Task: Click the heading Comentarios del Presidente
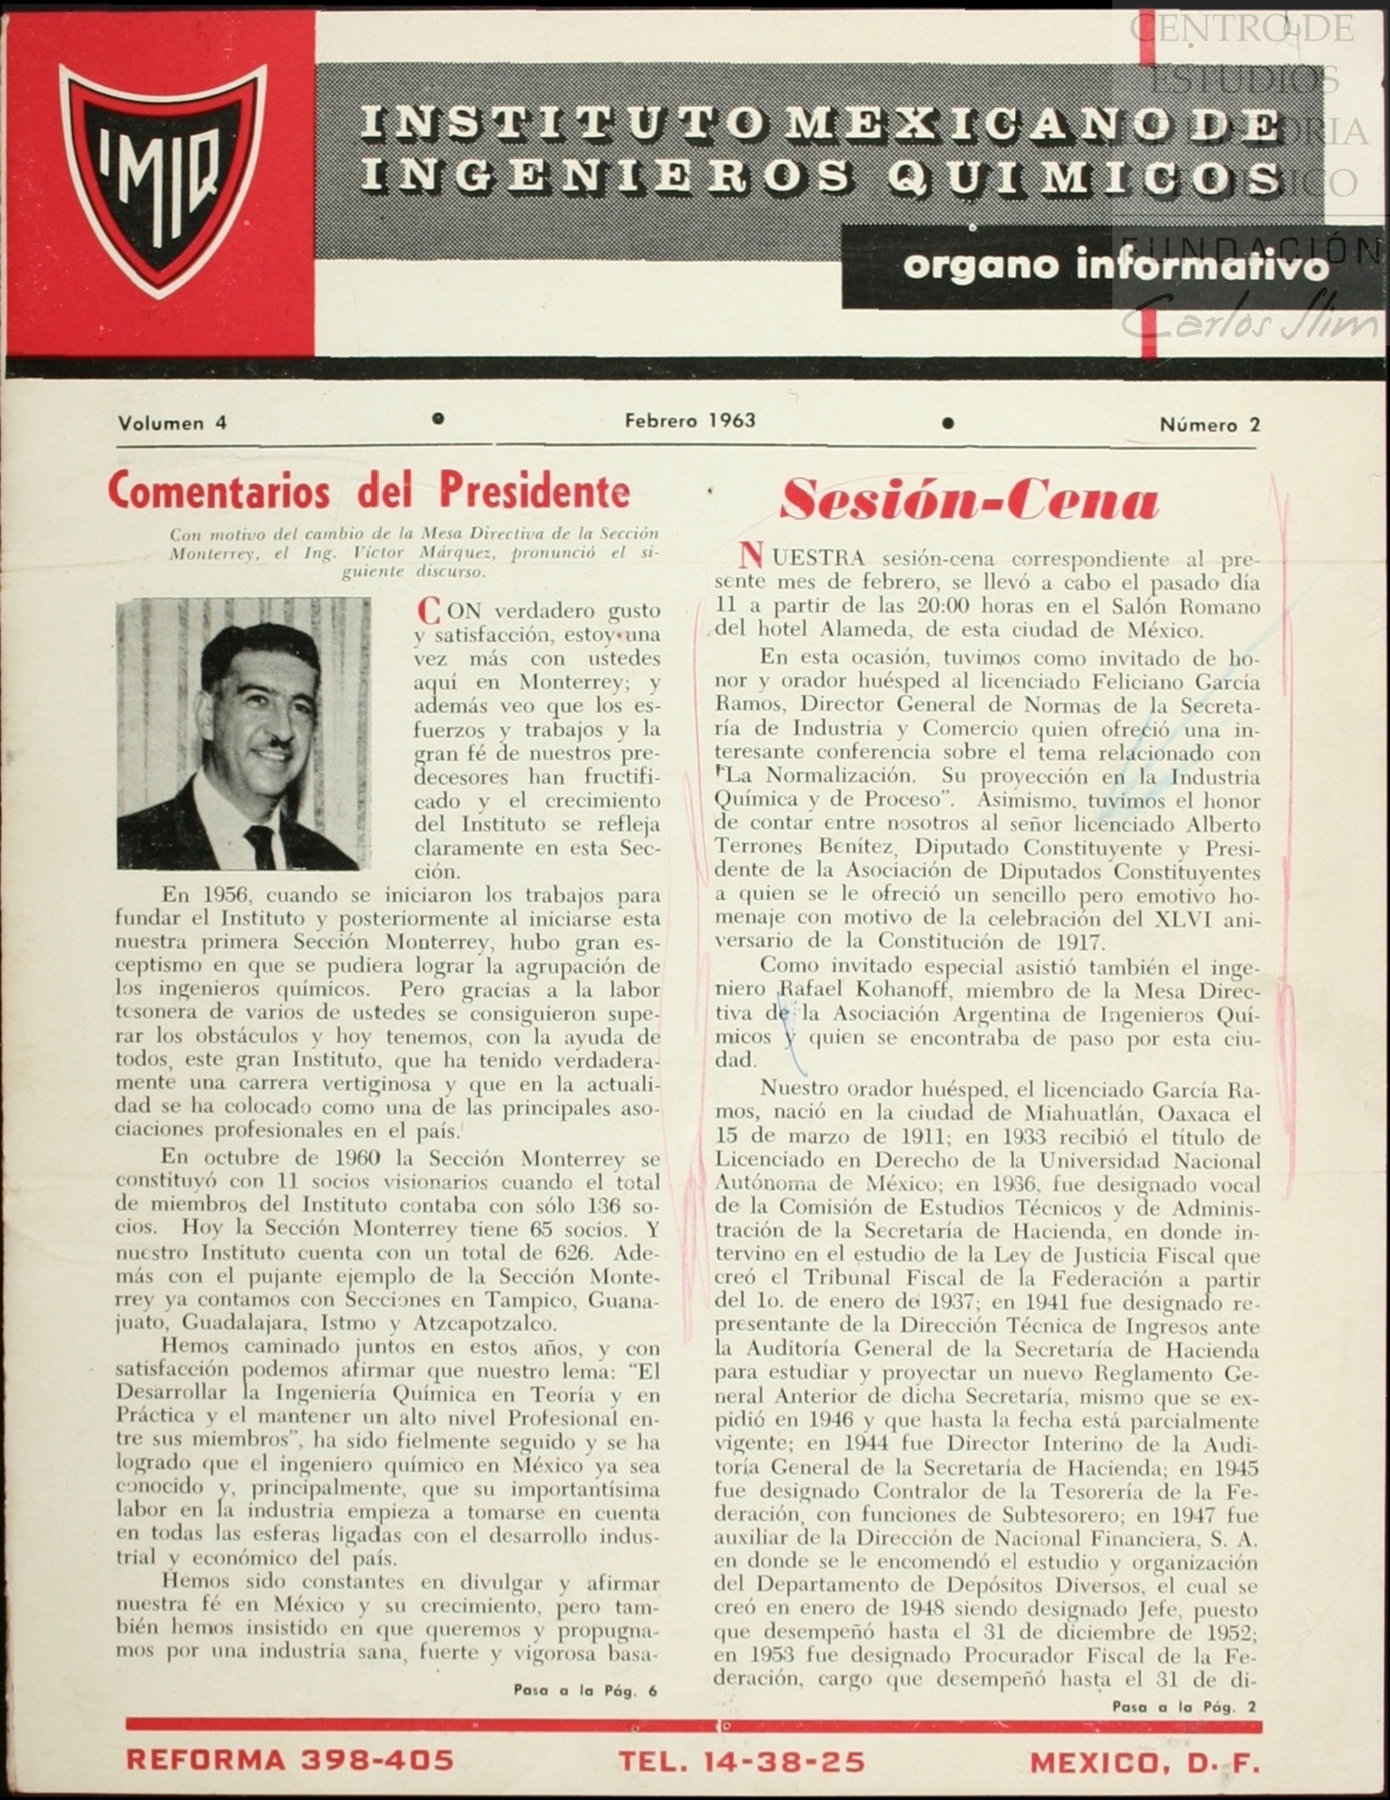pos(368,491)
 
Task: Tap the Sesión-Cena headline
pos(969,500)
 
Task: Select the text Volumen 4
pos(172,423)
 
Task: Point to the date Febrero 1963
pos(690,420)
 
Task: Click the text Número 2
pos(1209,425)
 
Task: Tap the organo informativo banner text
pos(1114,265)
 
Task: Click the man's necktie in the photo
pos(261,844)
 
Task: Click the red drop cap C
pos(427,611)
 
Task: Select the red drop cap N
pos(750,556)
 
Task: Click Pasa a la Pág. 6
pos(585,1691)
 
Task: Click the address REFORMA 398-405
pos(290,1759)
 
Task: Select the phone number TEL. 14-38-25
pos(741,1761)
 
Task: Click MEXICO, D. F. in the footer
pos(1145,1762)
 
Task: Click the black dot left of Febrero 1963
pos(438,419)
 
